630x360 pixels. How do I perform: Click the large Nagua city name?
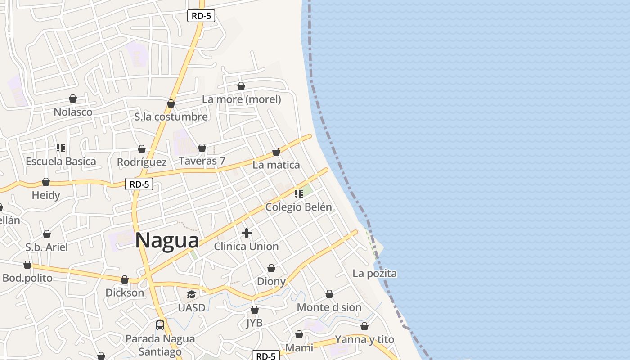click(x=167, y=240)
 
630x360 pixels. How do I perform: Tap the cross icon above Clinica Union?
click(x=247, y=233)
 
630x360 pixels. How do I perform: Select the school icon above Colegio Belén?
click(x=299, y=194)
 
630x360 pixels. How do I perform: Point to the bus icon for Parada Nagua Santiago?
click(x=160, y=325)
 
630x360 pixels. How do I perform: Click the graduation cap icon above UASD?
click(x=192, y=295)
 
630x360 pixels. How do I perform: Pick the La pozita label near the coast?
click(x=374, y=273)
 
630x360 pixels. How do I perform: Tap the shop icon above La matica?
click(x=276, y=152)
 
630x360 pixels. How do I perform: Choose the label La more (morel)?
click(x=242, y=99)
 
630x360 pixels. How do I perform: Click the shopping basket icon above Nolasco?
click(x=73, y=99)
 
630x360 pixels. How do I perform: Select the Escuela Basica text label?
click(x=61, y=161)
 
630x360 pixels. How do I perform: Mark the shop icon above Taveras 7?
click(x=202, y=148)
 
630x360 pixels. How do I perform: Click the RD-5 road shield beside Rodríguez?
click(x=139, y=184)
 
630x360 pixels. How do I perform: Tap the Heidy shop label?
click(x=46, y=195)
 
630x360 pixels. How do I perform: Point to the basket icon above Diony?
click(x=271, y=269)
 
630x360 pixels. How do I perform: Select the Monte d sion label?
click(x=329, y=307)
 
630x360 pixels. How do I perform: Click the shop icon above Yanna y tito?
click(x=364, y=326)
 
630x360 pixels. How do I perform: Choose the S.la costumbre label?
click(x=171, y=117)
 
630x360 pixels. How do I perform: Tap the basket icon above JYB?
click(x=255, y=310)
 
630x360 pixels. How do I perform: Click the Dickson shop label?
click(x=125, y=292)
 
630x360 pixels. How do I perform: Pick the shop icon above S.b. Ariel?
click(x=47, y=234)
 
